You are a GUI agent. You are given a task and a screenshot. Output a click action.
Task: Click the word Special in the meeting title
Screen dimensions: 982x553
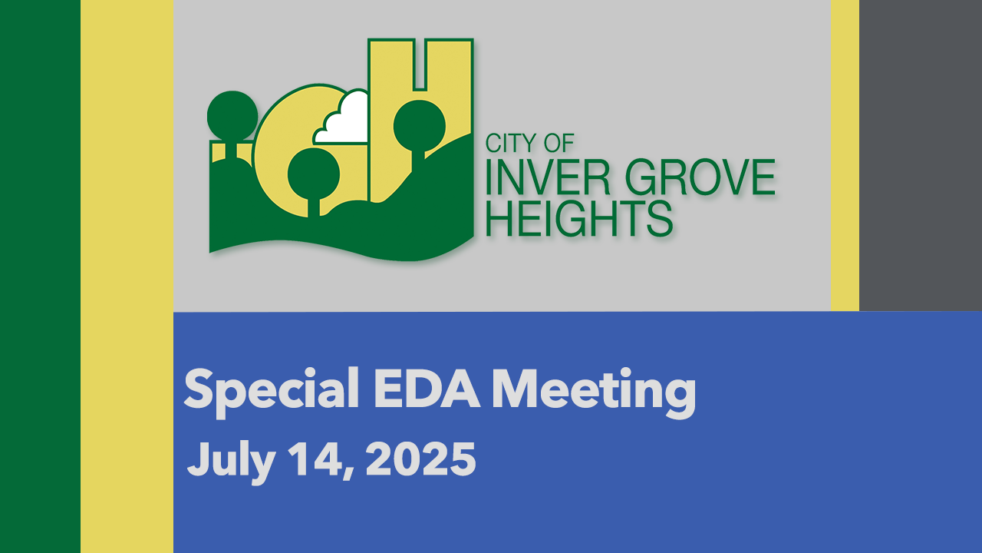[272, 392]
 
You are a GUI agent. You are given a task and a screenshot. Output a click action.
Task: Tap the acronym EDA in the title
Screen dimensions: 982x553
[426, 389]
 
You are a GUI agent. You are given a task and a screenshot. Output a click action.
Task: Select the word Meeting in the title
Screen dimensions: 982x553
[594, 392]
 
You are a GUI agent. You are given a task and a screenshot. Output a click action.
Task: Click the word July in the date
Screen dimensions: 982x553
[232, 462]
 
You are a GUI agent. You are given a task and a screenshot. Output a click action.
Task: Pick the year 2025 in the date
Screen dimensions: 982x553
[421, 459]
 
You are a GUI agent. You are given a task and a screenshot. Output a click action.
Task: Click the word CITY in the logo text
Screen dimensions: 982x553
[511, 143]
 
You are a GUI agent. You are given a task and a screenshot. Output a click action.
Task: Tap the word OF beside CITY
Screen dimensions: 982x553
[559, 143]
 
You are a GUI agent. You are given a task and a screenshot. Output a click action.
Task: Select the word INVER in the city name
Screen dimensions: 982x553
[548, 177]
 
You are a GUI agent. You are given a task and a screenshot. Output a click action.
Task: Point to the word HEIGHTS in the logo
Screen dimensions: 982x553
[579, 219]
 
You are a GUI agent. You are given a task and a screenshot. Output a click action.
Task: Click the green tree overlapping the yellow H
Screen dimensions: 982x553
[420, 127]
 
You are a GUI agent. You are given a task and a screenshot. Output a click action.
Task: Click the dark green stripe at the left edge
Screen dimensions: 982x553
[41, 276]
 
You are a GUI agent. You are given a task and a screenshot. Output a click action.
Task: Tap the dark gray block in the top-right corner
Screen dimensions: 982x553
[921, 155]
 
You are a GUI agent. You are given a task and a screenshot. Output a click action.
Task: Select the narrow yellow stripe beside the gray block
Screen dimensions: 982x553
[845, 155]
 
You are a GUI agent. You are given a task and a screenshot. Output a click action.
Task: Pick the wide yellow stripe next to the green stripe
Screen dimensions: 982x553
[127, 276]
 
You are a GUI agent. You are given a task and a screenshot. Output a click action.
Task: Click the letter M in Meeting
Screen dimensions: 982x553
[514, 389]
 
